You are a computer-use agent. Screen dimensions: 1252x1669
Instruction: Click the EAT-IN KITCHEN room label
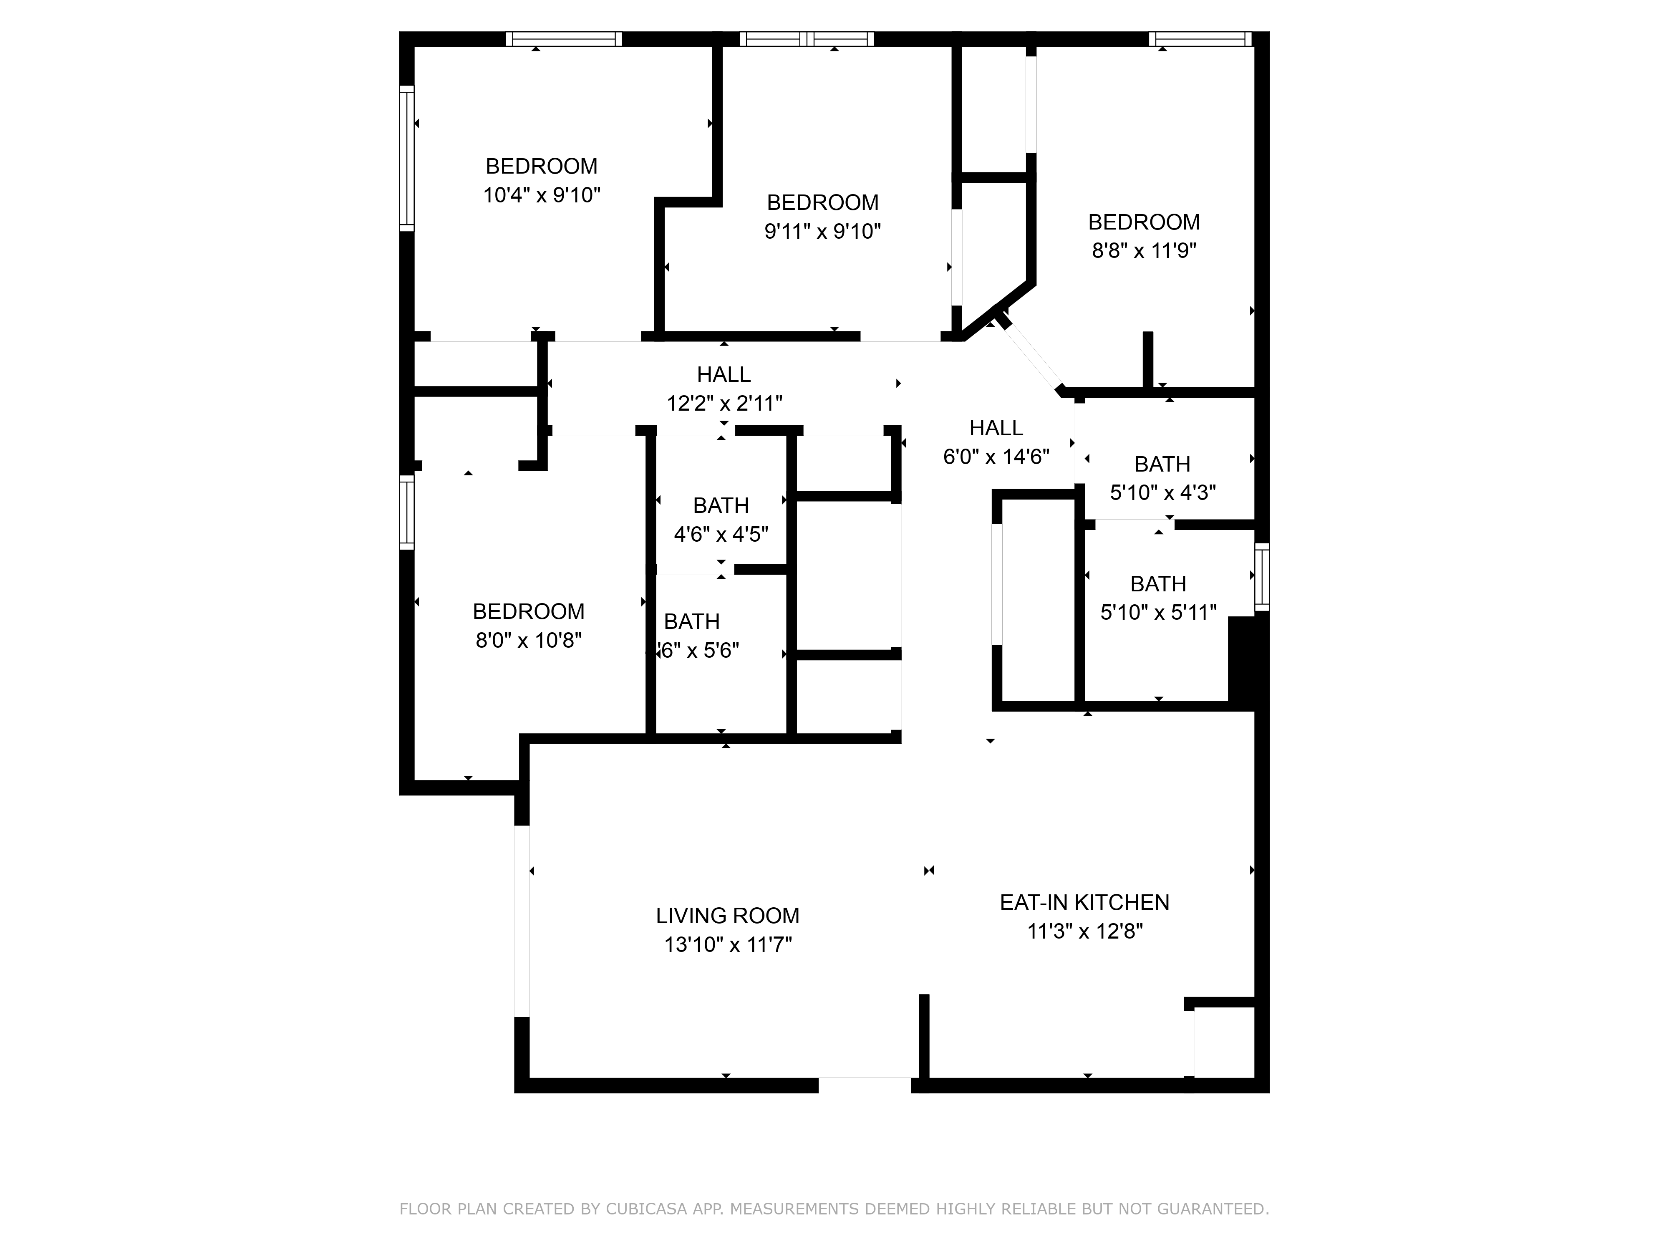coord(1084,903)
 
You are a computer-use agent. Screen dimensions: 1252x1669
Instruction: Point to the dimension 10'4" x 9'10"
coord(541,195)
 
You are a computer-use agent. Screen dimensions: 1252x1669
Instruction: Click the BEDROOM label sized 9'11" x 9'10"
coord(822,202)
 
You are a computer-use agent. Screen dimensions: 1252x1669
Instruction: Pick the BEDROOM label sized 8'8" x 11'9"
coord(1143,222)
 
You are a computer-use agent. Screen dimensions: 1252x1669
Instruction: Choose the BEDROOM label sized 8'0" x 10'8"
coord(528,611)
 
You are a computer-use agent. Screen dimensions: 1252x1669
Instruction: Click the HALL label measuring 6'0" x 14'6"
coord(996,428)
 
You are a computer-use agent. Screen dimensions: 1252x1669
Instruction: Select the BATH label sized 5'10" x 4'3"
coord(1162,464)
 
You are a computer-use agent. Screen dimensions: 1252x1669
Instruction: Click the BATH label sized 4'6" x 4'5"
coord(721,506)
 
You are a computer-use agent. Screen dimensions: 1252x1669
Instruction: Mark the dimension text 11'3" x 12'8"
coord(1084,931)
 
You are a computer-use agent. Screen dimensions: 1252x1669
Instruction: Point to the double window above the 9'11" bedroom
coord(806,39)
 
